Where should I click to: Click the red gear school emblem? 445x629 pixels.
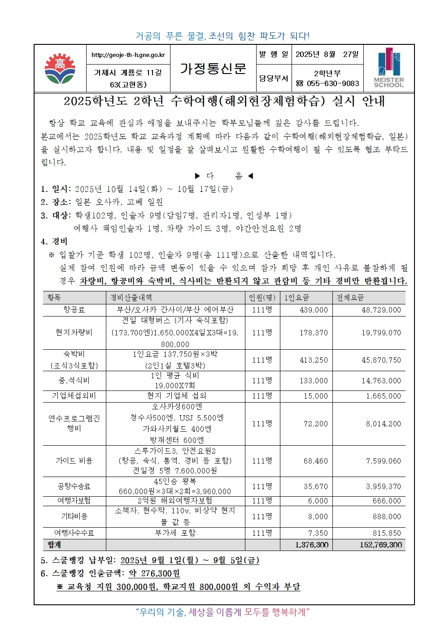60,69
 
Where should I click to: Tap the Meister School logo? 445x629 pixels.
388,68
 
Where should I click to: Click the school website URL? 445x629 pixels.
128,55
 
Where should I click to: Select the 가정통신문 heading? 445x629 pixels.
213,68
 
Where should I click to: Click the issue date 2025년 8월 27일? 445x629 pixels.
327,54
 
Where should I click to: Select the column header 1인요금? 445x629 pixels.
297,298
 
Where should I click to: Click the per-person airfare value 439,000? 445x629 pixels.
314,310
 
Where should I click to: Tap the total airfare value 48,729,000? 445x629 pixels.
381,310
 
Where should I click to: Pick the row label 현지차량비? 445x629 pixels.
74,332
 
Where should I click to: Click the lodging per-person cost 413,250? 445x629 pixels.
314,360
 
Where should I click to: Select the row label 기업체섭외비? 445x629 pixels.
74,396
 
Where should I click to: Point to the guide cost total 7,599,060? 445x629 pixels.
383,461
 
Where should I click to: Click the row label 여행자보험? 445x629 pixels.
74,500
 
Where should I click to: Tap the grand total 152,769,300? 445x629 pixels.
380,545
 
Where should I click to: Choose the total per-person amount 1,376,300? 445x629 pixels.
311,545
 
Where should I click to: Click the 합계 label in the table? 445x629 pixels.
54,545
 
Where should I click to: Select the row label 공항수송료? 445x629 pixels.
74,486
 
